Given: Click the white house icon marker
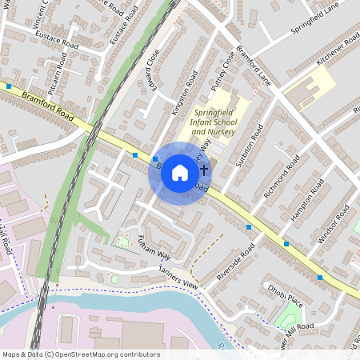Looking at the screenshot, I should coord(180,172).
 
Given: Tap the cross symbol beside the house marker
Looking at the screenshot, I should coord(205,170).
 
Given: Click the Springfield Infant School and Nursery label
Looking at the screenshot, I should coord(210,121).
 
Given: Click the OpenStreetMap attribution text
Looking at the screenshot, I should coord(80,354).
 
